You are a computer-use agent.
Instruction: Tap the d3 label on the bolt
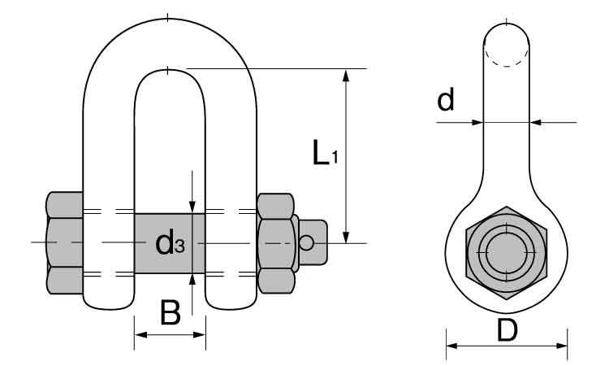[x=170, y=242]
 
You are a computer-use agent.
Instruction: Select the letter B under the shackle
[x=170, y=313]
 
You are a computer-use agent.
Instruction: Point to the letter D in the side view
[x=508, y=330]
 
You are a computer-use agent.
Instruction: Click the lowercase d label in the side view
[x=446, y=100]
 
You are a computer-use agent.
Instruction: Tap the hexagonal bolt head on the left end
[x=64, y=242]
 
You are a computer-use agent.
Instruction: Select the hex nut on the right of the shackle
[x=275, y=242]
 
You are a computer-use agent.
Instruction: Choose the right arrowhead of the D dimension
[x=563, y=345]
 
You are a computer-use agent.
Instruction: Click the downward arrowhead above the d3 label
[x=192, y=207]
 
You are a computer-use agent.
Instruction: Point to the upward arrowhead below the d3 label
[x=192, y=279]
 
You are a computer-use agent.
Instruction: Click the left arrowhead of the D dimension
[x=452, y=345]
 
